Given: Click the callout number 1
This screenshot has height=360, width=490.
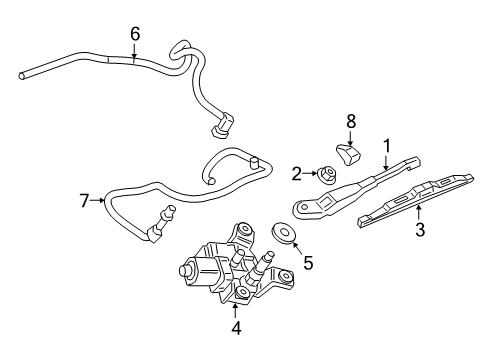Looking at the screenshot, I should pyautogui.click(x=386, y=145).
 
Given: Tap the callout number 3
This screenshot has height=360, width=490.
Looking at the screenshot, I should pyautogui.click(x=421, y=231).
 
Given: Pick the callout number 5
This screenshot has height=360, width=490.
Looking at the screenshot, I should pyautogui.click(x=308, y=263).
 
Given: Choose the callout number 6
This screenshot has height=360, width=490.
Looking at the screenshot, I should pyautogui.click(x=135, y=33).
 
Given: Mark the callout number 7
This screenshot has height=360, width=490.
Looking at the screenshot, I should pyautogui.click(x=85, y=201).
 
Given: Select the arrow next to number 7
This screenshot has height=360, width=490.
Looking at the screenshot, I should pyautogui.click(x=100, y=201).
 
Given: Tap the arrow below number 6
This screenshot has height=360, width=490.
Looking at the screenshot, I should pyautogui.click(x=135, y=52).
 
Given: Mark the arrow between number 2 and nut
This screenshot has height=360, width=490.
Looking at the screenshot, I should pyautogui.click(x=310, y=172).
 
